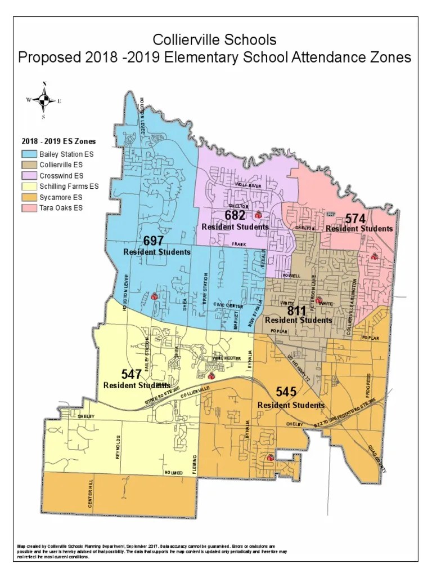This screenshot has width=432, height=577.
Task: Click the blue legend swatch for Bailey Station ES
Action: (x=29, y=153)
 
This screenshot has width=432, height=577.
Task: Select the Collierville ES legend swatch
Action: (x=29, y=165)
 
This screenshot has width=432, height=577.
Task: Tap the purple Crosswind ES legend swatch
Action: (x=29, y=175)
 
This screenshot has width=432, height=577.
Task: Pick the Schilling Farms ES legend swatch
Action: (x=29, y=186)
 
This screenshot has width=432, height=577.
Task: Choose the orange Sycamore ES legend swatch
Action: (x=29, y=197)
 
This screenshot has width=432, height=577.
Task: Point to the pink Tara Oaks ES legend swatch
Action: (x=29, y=208)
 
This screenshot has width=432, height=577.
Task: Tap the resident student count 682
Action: (x=235, y=216)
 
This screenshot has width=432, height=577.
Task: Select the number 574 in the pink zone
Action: (x=356, y=219)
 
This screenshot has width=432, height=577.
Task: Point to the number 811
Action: (x=297, y=310)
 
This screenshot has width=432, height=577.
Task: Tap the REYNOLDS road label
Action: (x=118, y=446)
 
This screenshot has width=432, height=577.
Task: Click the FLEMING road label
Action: (x=195, y=465)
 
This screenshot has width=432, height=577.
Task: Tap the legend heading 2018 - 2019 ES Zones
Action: (x=58, y=141)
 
